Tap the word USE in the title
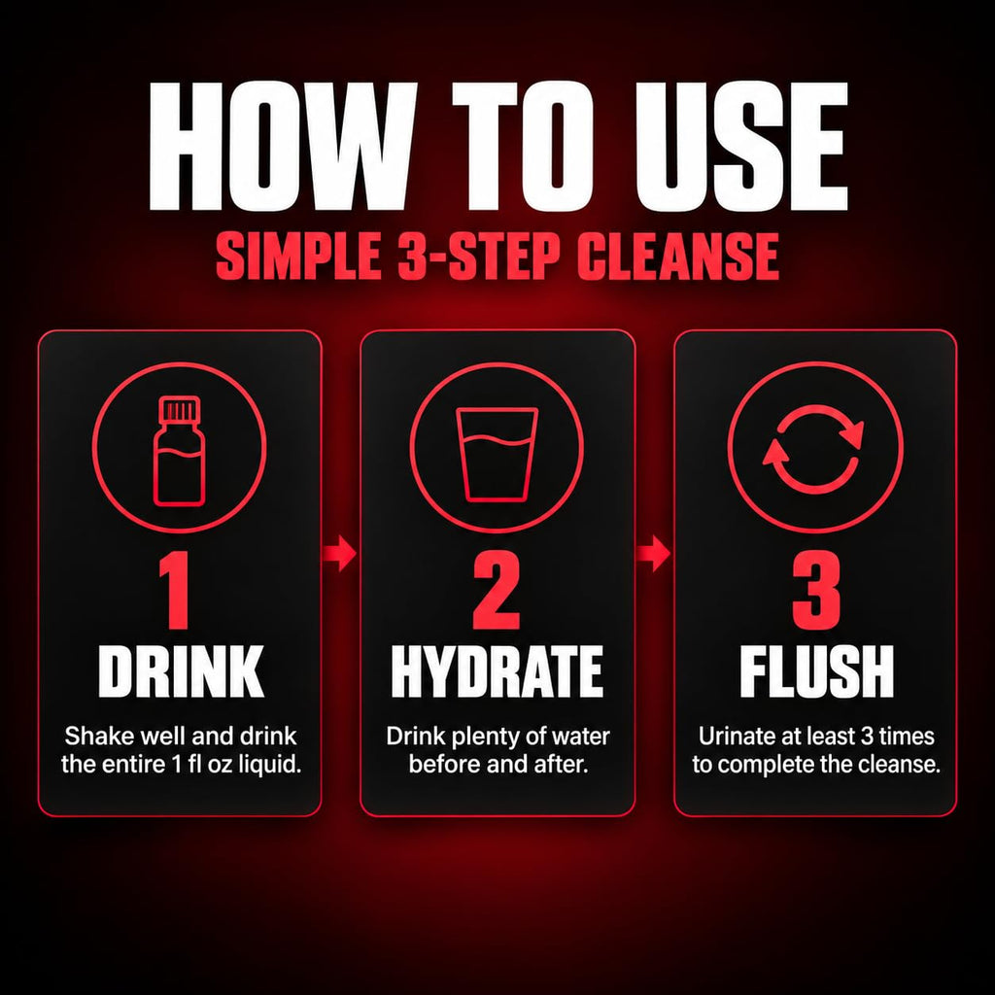pyautogui.click(x=741, y=147)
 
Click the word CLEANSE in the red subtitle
pyautogui.click(x=677, y=257)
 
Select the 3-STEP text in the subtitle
pyautogui.click(x=479, y=257)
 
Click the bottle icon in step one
pyautogui.click(x=180, y=451)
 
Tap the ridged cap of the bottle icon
pyautogui.click(x=180, y=409)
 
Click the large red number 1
pyautogui.click(x=175, y=591)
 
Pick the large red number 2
pyautogui.click(x=497, y=591)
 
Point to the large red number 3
pyautogui.click(x=816, y=591)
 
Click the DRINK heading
pyautogui.click(x=181, y=671)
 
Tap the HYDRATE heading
pyautogui.click(x=497, y=671)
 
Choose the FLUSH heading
pyautogui.click(x=816, y=671)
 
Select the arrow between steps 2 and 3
pyautogui.click(x=654, y=553)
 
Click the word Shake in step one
pyautogui.click(x=99, y=737)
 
